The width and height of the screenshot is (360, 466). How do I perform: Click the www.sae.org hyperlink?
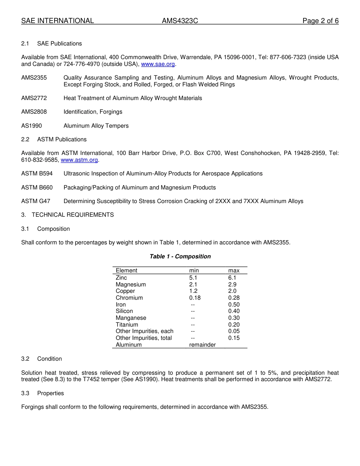(x=158, y=64)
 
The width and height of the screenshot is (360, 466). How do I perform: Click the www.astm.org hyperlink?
(x=79, y=160)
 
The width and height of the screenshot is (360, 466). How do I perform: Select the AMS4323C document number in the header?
(x=180, y=21)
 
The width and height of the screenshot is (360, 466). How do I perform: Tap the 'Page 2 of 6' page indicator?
(x=320, y=21)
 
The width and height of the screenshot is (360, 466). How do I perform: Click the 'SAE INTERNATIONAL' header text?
(x=58, y=21)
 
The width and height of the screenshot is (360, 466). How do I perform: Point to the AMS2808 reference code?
(x=34, y=112)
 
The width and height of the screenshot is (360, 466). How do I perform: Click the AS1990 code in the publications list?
(x=31, y=126)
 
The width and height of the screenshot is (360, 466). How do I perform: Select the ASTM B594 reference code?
(x=37, y=174)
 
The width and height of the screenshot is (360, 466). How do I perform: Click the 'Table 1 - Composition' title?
(x=180, y=256)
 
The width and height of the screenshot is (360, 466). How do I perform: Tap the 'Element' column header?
(x=127, y=271)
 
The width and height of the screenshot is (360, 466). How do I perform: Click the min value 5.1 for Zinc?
(x=193, y=278)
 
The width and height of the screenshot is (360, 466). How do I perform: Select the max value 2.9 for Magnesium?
(x=232, y=285)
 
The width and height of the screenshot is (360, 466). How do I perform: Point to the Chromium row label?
(x=129, y=298)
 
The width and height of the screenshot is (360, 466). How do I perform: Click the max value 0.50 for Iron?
(x=234, y=305)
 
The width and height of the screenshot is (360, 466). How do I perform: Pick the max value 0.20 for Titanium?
(x=234, y=325)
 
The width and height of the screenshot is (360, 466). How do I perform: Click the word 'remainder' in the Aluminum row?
(x=202, y=345)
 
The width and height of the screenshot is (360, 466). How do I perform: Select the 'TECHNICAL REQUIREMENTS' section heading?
(x=73, y=215)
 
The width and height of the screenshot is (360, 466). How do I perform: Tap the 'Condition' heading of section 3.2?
(x=49, y=359)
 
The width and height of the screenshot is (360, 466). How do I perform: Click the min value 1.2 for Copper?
(x=193, y=291)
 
